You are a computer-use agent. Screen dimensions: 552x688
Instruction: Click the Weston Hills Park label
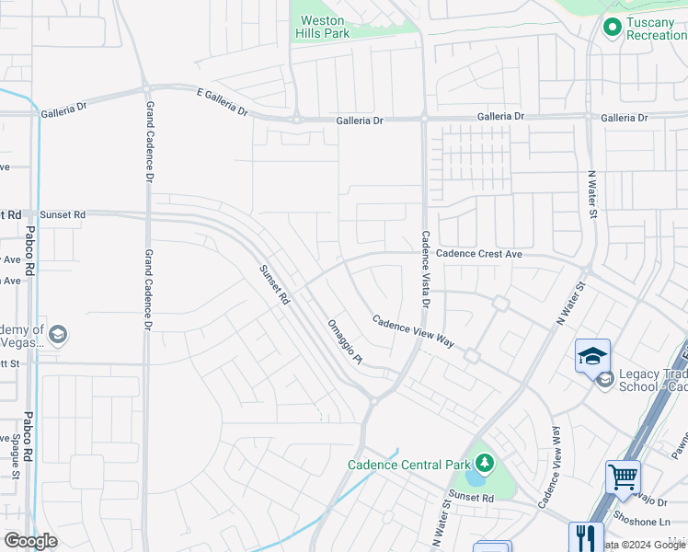(x=319, y=27)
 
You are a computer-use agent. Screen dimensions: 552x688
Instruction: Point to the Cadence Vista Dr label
(x=426, y=269)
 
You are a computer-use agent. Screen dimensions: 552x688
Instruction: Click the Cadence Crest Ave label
(x=479, y=254)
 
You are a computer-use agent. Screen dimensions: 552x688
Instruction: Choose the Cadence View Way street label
(x=413, y=331)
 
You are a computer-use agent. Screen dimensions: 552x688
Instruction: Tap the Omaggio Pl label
(x=346, y=341)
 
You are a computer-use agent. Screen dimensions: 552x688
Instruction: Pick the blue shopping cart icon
(x=623, y=477)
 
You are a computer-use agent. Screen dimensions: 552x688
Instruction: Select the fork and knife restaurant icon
(x=585, y=536)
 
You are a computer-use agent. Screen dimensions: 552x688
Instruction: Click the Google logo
(x=31, y=540)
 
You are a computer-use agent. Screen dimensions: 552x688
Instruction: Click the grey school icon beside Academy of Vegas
(x=58, y=334)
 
